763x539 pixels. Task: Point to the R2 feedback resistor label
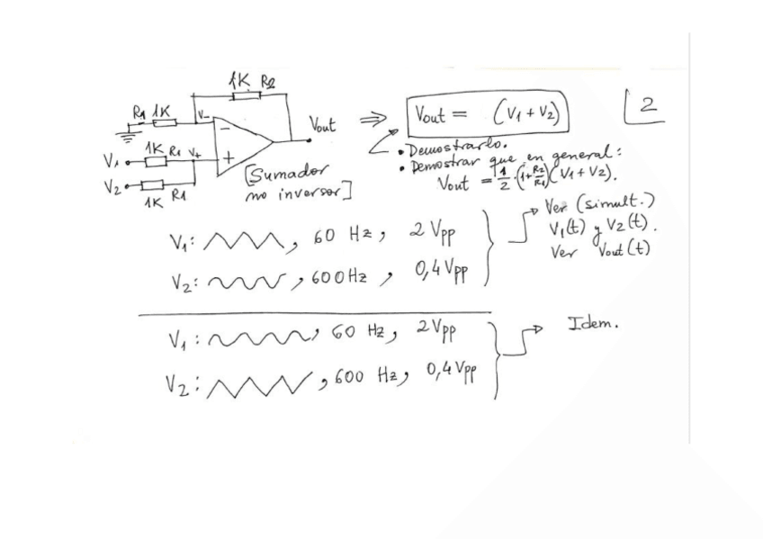(x=268, y=83)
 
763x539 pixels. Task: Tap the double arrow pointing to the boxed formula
(x=374, y=118)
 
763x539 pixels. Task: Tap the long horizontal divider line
(x=315, y=314)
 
